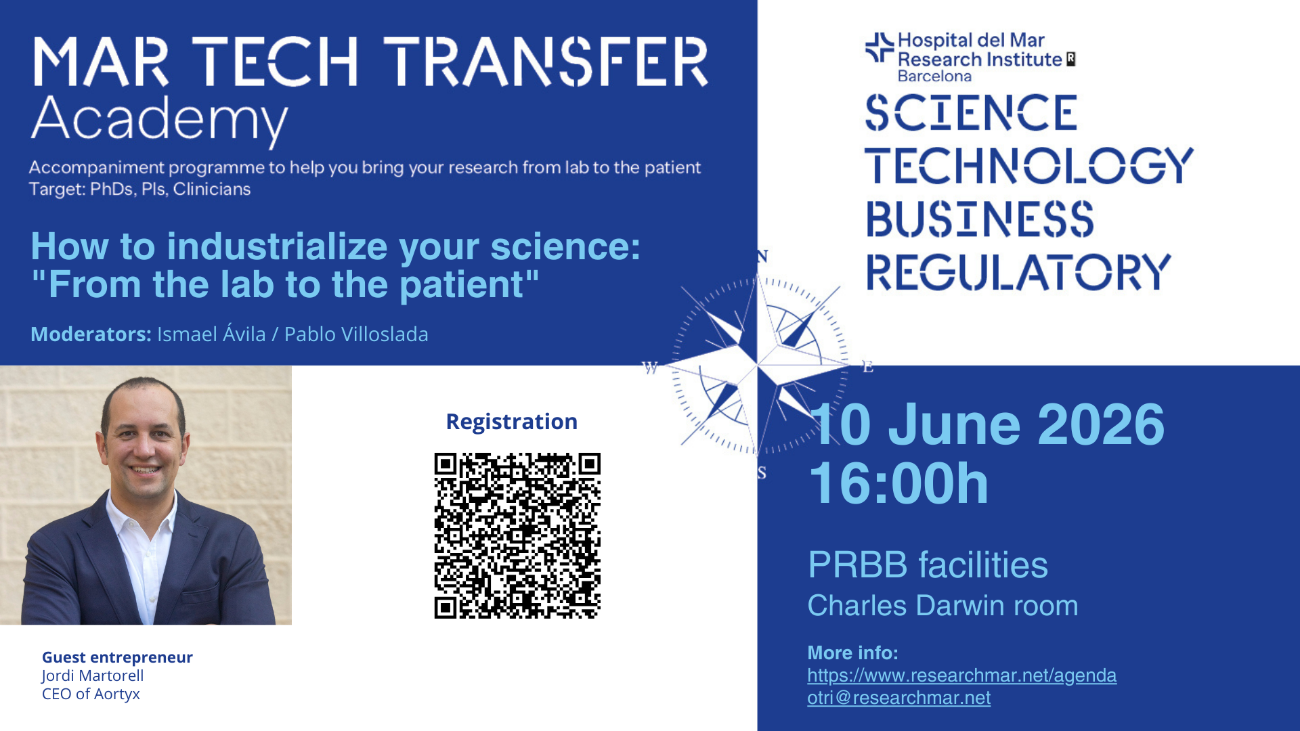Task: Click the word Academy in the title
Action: tap(160, 120)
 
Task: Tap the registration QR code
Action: tap(517, 535)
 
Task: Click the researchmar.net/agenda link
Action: tap(961, 675)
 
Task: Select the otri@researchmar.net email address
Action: tap(898, 698)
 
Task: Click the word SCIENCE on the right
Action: tap(971, 112)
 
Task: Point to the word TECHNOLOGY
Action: tap(1029, 166)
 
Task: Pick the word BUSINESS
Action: tap(980, 219)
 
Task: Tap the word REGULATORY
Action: tap(1018, 272)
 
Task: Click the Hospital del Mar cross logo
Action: tap(880, 47)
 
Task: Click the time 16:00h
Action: tap(899, 483)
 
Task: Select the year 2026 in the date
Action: tap(1101, 424)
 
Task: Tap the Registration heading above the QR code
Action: tap(512, 422)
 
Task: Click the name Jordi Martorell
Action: tap(93, 675)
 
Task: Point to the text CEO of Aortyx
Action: tap(91, 694)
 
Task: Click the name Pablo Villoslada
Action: tap(356, 334)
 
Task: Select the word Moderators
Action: tap(91, 334)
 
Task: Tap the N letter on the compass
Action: tap(762, 257)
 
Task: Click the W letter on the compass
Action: tap(650, 368)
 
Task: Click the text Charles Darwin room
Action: tap(942, 606)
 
